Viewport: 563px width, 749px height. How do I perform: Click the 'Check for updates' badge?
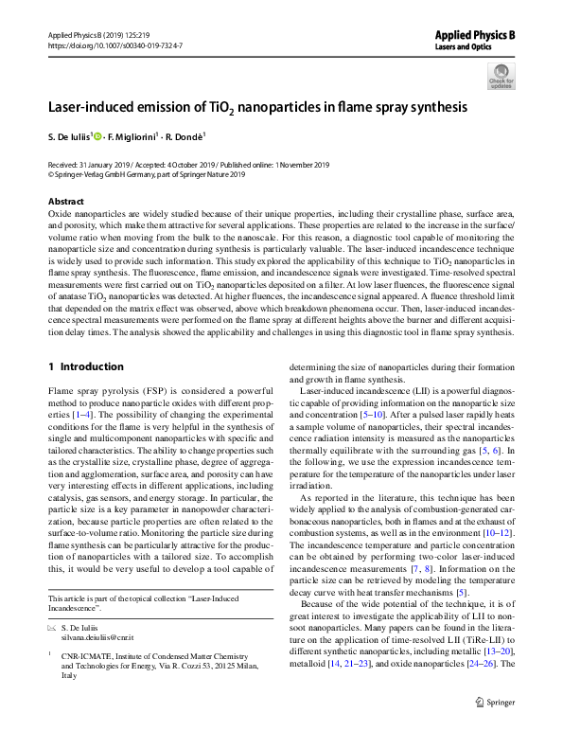pos(501,76)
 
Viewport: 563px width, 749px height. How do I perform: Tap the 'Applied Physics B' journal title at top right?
pos(475,34)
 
